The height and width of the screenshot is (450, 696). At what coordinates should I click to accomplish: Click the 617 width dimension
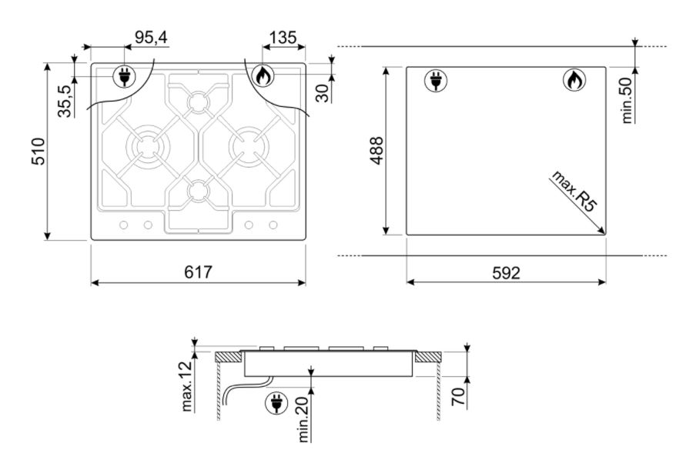(199, 272)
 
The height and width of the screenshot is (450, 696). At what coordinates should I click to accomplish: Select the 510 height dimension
(38, 152)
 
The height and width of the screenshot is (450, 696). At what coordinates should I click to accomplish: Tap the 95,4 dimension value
(152, 38)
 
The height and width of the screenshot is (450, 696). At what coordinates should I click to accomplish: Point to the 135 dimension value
(283, 38)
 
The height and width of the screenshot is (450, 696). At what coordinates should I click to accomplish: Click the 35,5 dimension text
(65, 101)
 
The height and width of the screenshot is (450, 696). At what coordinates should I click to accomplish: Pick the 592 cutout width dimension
(506, 272)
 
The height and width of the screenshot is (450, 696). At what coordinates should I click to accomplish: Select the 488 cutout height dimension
(376, 151)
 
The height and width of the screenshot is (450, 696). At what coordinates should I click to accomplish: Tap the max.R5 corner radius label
(574, 191)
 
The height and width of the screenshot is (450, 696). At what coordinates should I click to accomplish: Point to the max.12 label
(187, 385)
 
